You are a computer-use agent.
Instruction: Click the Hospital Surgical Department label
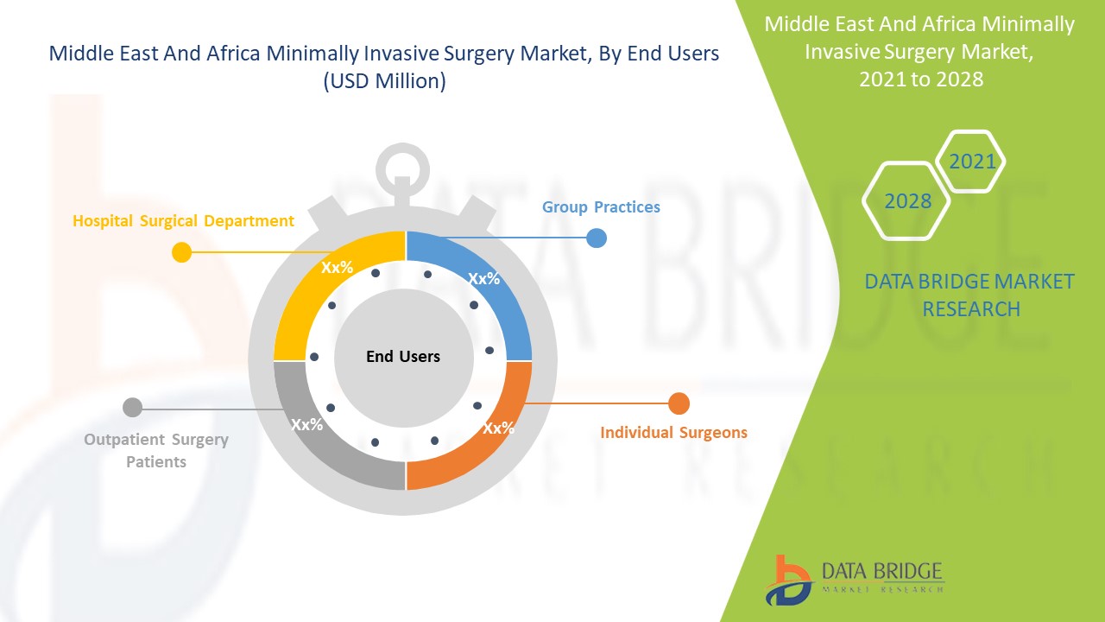[183, 221]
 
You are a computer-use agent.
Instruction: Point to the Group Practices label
[601, 207]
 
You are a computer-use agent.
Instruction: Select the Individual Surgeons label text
[673, 432]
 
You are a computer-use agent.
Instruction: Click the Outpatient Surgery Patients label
[156, 450]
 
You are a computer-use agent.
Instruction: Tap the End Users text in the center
[403, 357]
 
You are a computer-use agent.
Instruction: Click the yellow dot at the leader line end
[181, 252]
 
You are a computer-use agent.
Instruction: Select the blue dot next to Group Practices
[597, 238]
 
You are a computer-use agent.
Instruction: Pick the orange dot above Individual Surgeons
[679, 403]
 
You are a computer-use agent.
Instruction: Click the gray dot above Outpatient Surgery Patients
[132, 407]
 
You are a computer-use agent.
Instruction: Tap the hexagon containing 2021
[971, 162]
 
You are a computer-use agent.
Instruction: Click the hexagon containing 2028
[907, 201]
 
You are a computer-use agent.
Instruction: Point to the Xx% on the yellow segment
[337, 268]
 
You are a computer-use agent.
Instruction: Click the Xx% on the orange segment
[498, 428]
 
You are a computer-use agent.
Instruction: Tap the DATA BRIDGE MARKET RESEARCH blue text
[969, 295]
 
